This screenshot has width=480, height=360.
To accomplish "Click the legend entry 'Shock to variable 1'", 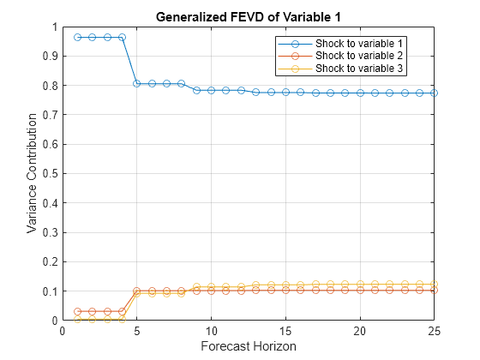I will (359, 43).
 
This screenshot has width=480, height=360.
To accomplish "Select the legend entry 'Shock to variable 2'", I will (359, 55).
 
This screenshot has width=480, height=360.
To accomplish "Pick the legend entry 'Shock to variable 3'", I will (359, 67).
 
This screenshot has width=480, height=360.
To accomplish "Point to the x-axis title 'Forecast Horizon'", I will (248, 347).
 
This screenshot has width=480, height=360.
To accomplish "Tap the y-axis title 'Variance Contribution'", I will (32, 174).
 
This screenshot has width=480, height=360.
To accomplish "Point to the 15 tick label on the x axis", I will (285, 332).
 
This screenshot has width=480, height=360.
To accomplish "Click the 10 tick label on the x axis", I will (211, 332).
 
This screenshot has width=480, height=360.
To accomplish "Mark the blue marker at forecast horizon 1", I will (77, 37).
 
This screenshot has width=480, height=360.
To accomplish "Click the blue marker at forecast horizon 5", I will (136, 83).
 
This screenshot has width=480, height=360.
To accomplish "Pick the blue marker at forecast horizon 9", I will (196, 90).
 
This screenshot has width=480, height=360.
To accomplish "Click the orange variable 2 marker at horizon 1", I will (77, 311).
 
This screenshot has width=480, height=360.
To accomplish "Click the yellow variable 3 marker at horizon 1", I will (77, 319).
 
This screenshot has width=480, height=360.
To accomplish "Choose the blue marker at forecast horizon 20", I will (360, 93).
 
